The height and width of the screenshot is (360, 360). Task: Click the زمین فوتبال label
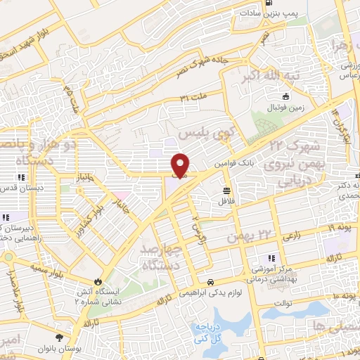click(x=285, y=108)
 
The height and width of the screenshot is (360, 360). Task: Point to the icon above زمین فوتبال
click(x=285, y=97)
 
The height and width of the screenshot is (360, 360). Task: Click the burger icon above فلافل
click(x=226, y=190)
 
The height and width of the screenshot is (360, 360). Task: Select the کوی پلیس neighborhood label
click(x=205, y=132)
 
